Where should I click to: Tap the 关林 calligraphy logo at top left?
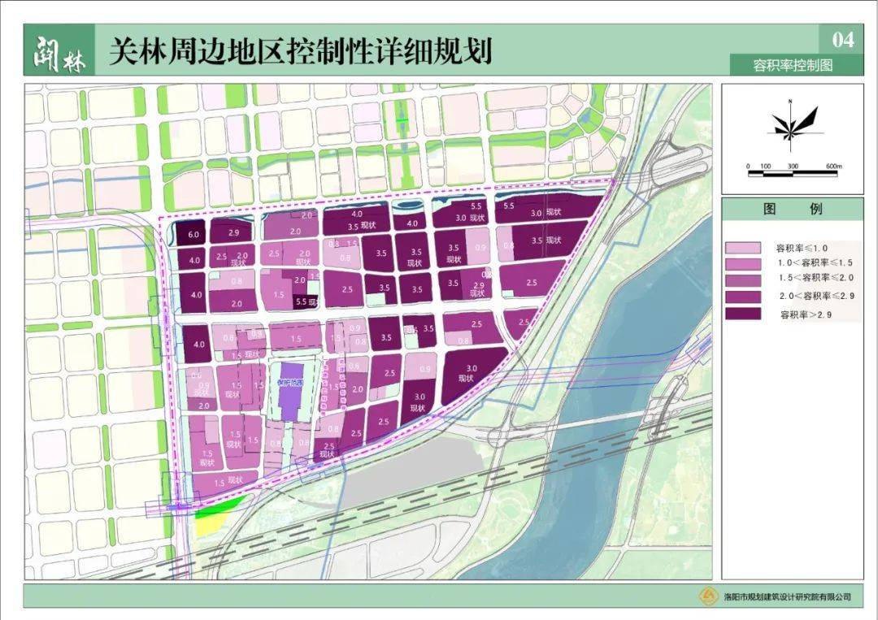point(59,50)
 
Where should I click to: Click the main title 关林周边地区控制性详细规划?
point(300,51)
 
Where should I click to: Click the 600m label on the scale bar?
point(833,166)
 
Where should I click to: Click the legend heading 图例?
point(792,209)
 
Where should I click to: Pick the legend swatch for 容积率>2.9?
point(744,314)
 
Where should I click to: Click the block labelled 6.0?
point(193,233)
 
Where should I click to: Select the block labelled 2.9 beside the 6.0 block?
point(233,232)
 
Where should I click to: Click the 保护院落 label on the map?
point(289,382)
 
